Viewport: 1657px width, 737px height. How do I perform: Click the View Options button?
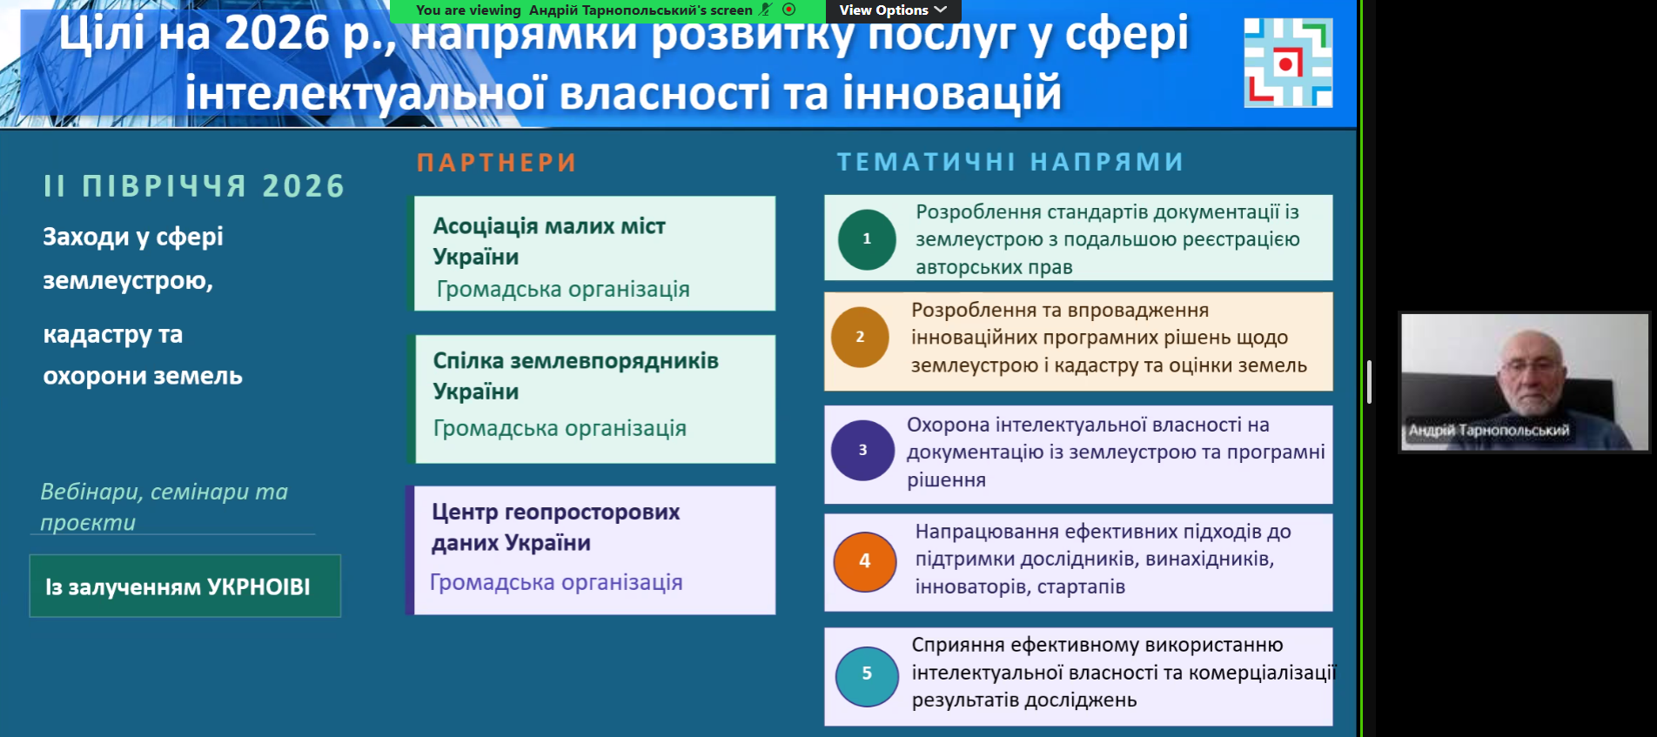pos(893,10)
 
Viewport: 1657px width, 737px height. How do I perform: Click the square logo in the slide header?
pos(1288,63)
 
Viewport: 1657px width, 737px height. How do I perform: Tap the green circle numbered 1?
pos(867,239)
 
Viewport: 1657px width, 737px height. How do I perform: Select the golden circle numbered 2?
pos(860,337)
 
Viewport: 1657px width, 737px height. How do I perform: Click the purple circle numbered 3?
pos(862,450)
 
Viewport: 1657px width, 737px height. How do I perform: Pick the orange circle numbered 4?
pos(865,561)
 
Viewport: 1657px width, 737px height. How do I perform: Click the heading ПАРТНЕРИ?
pos(497,163)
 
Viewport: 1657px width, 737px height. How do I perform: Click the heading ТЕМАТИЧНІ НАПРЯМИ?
pos(1010,162)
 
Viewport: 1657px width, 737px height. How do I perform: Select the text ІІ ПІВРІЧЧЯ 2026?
pos(194,186)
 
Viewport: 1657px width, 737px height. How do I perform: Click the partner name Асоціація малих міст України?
pos(549,241)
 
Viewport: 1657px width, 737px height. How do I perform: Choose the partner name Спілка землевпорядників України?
pos(576,376)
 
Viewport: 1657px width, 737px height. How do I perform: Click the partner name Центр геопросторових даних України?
pos(556,527)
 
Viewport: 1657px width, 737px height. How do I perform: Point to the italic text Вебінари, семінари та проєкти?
pos(164,506)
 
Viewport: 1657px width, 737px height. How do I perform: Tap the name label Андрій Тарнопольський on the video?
pos(1489,430)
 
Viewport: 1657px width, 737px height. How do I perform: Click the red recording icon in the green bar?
pos(789,10)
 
